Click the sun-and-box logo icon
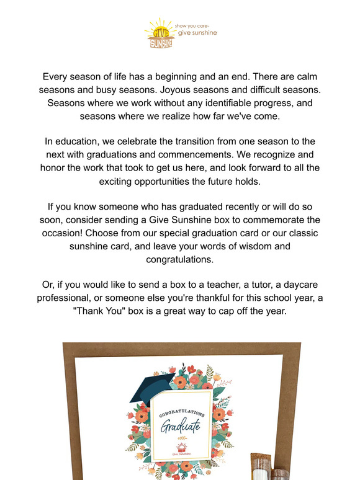(x=158, y=34)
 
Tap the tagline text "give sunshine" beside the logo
(x=197, y=33)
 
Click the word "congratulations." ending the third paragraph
(x=179, y=259)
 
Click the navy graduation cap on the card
(x=149, y=387)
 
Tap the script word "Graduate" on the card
(x=181, y=426)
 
